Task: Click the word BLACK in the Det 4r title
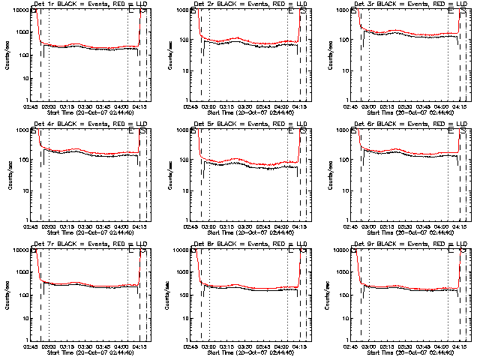68,124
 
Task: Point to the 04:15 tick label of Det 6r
457,226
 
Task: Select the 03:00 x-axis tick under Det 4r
49,226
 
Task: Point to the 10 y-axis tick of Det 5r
184,190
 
